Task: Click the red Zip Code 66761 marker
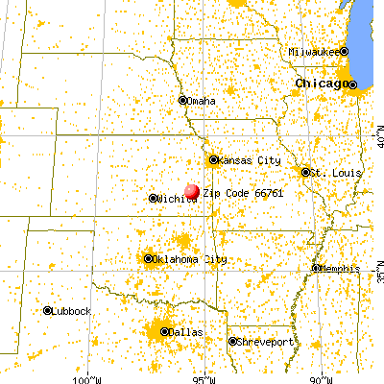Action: (x=192, y=192)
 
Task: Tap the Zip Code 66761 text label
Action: (x=229, y=193)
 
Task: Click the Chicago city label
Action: (x=322, y=84)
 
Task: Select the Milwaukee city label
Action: (x=315, y=51)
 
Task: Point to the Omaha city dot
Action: (x=182, y=100)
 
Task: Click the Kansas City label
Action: (x=246, y=160)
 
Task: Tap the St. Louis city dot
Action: (x=306, y=172)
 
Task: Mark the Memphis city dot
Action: (x=316, y=268)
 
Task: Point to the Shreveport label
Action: (x=263, y=342)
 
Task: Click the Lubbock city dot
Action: (x=47, y=310)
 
